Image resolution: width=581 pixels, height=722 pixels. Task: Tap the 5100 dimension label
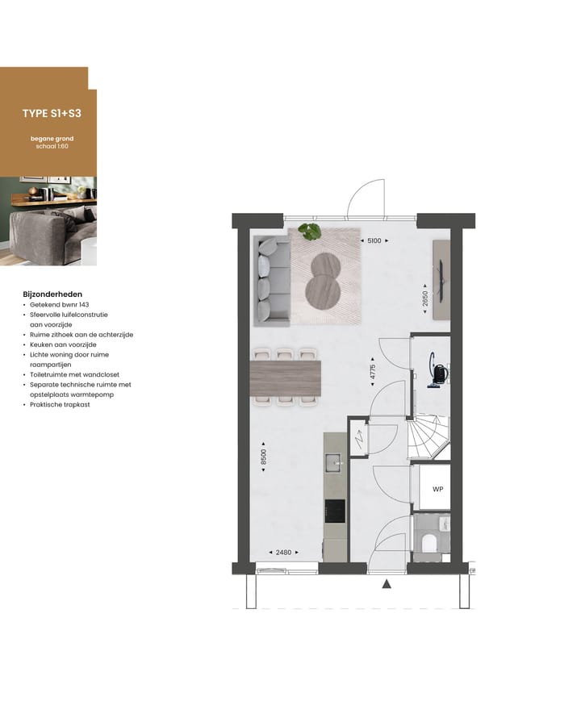tap(374, 240)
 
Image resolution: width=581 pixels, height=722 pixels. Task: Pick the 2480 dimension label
tap(284, 553)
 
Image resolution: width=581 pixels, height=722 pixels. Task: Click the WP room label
tap(437, 490)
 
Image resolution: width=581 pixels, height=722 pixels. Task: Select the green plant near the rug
tap(309, 232)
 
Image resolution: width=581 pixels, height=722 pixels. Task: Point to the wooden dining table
tap(286, 378)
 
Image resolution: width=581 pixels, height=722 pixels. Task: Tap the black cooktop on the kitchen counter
tap(334, 511)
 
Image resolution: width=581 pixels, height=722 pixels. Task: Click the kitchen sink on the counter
tap(333, 462)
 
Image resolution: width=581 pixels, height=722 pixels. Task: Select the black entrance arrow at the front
tap(387, 585)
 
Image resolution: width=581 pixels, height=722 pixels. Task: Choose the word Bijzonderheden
tap(52, 295)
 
